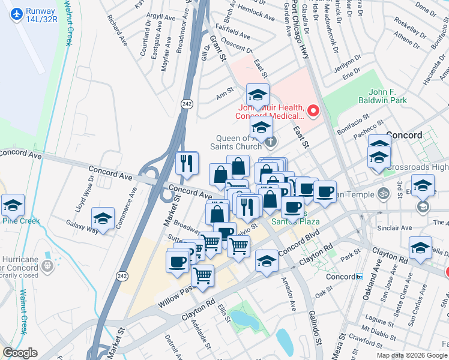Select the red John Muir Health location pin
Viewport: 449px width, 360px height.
pyautogui.click(x=313, y=110)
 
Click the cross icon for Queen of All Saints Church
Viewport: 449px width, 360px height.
pyautogui.click(x=271, y=142)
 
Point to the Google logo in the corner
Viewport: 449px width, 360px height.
pyautogui.click(x=20, y=353)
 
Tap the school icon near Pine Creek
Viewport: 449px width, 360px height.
pyautogui.click(x=13, y=205)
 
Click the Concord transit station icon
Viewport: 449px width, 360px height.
pyautogui.click(x=360, y=277)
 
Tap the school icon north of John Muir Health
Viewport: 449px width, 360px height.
pyautogui.click(x=258, y=95)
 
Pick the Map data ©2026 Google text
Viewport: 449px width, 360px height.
pyautogui.click(x=412, y=355)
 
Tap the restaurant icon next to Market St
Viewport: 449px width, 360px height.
pyautogui.click(x=187, y=163)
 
